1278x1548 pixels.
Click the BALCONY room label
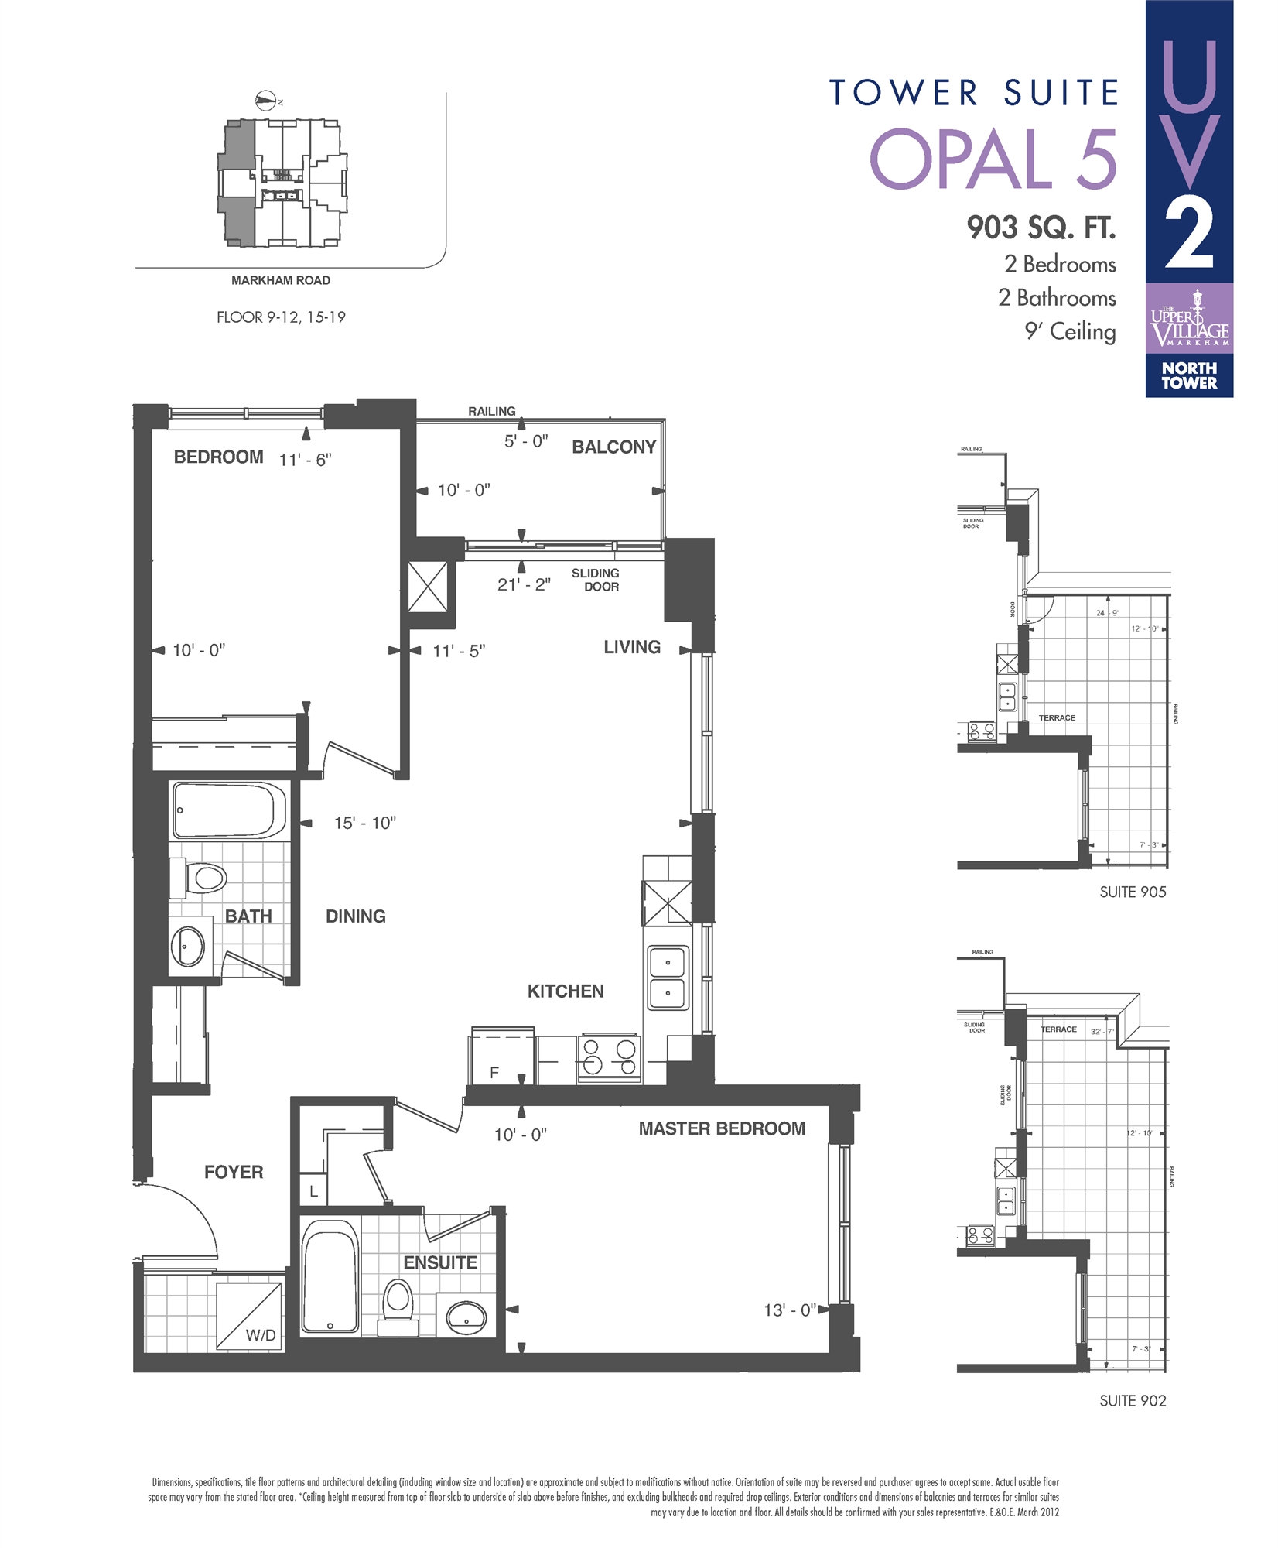(x=613, y=447)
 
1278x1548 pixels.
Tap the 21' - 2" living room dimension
(x=524, y=584)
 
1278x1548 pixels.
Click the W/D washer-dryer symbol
(x=249, y=1317)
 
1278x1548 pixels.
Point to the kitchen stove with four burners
(x=609, y=1058)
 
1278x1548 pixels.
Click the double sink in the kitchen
(x=668, y=978)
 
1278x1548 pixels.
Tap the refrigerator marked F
(x=502, y=1057)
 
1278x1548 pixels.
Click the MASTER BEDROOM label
(x=722, y=1128)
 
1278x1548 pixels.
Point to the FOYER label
(x=234, y=1172)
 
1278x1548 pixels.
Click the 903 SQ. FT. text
(x=1041, y=228)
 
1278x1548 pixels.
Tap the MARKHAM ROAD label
(x=281, y=280)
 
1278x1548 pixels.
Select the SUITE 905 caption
(x=1133, y=892)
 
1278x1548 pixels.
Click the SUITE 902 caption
(x=1133, y=1400)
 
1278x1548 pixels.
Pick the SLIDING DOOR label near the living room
(x=596, y=580)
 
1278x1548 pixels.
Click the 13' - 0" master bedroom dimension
(x=789, y=1310)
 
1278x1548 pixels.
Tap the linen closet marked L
(x=313, y=1191)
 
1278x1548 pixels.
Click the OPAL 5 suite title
(x=993, y=159)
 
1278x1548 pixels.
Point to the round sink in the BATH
(x=187, y=945)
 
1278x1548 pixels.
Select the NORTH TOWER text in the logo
(x=1189, y=375)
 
